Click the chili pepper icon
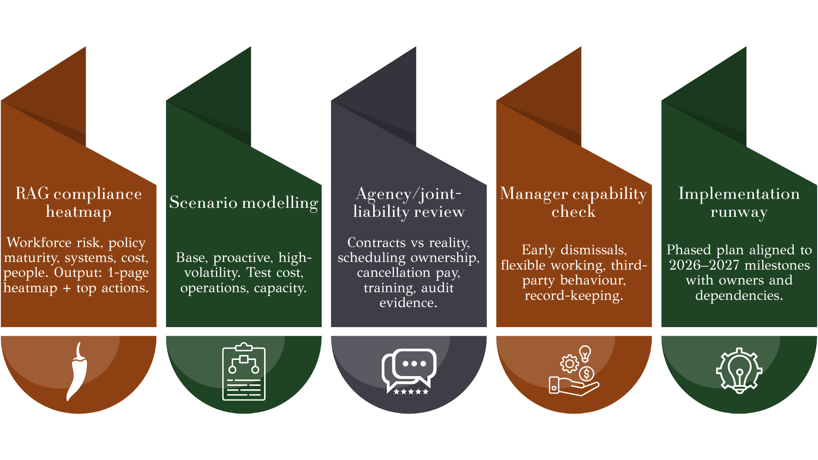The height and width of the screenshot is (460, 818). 77,371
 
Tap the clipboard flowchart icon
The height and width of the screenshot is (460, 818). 244,371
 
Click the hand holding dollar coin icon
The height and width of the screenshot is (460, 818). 574,371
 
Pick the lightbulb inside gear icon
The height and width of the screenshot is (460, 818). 739,371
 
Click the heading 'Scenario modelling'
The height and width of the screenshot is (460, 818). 244,202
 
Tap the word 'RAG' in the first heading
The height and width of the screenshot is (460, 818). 32,193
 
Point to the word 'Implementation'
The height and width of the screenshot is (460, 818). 739,193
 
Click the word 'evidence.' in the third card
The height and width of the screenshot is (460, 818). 409,302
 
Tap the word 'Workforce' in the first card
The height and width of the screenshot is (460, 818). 39,242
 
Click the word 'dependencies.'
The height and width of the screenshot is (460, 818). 739,295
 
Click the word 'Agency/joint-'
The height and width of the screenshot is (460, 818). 409,194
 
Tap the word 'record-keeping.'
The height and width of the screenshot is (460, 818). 574,295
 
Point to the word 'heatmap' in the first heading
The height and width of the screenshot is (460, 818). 79,212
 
